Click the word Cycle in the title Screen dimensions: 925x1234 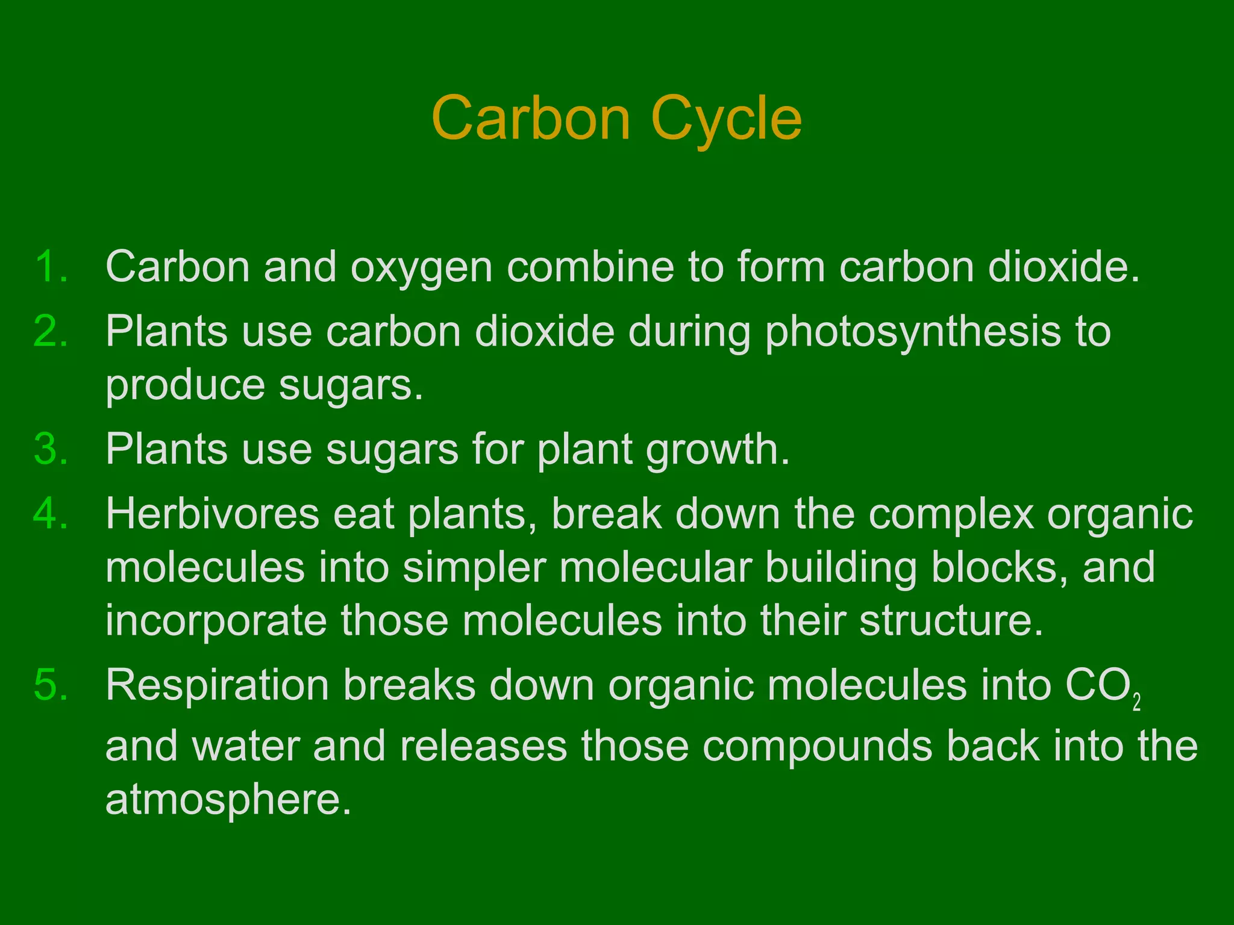[x=726, y=119]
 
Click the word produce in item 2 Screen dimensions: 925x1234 [x=185, y=385]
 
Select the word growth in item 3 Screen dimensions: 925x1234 [x=717, y=450]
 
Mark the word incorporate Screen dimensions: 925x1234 [x=216, y=621]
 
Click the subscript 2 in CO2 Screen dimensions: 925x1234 [x=1136, y=703]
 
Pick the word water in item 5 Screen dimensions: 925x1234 [x=245, y=746]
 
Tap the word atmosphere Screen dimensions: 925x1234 [x=228, y=799]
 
